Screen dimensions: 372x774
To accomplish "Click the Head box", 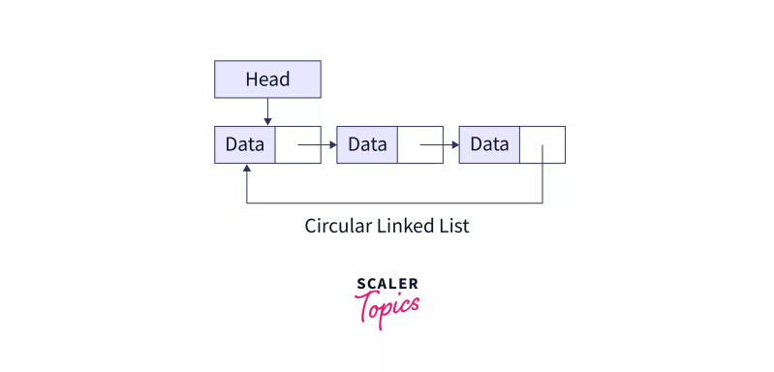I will [x=267, y=79].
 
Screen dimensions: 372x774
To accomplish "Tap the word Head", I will [x=267, y=79].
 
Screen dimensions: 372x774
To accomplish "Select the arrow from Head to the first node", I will [x=267, y=111].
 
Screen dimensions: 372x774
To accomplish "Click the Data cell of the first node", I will [x=245, y=144].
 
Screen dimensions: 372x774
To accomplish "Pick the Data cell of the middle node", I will [x=367, y=144].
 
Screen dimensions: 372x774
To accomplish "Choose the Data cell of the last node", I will [x=489, y=144].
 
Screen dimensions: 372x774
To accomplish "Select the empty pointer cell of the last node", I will [x=542, y=144].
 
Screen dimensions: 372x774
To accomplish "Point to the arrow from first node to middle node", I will [x=316, y=145].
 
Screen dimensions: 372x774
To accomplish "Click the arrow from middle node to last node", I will [x=438, y=145].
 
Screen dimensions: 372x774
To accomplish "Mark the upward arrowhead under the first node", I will [x=247, y=169].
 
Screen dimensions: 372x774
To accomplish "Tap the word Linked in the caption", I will [x=405, y=227].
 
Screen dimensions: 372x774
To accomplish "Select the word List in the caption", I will [x=452, y=227].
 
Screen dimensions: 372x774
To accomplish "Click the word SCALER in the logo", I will [x=387, y=284].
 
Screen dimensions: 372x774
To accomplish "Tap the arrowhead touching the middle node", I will [x=332, y=145].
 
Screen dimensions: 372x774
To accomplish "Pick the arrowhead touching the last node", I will [x=454, y=145].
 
